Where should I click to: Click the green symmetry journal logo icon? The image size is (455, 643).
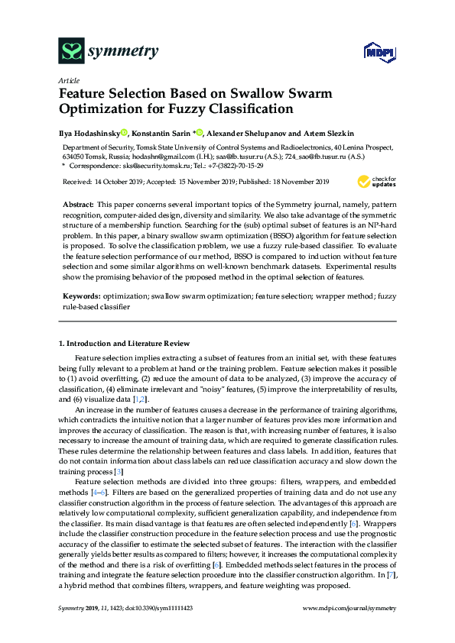[71, 52]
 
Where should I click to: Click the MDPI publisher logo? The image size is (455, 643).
[371, 53]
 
